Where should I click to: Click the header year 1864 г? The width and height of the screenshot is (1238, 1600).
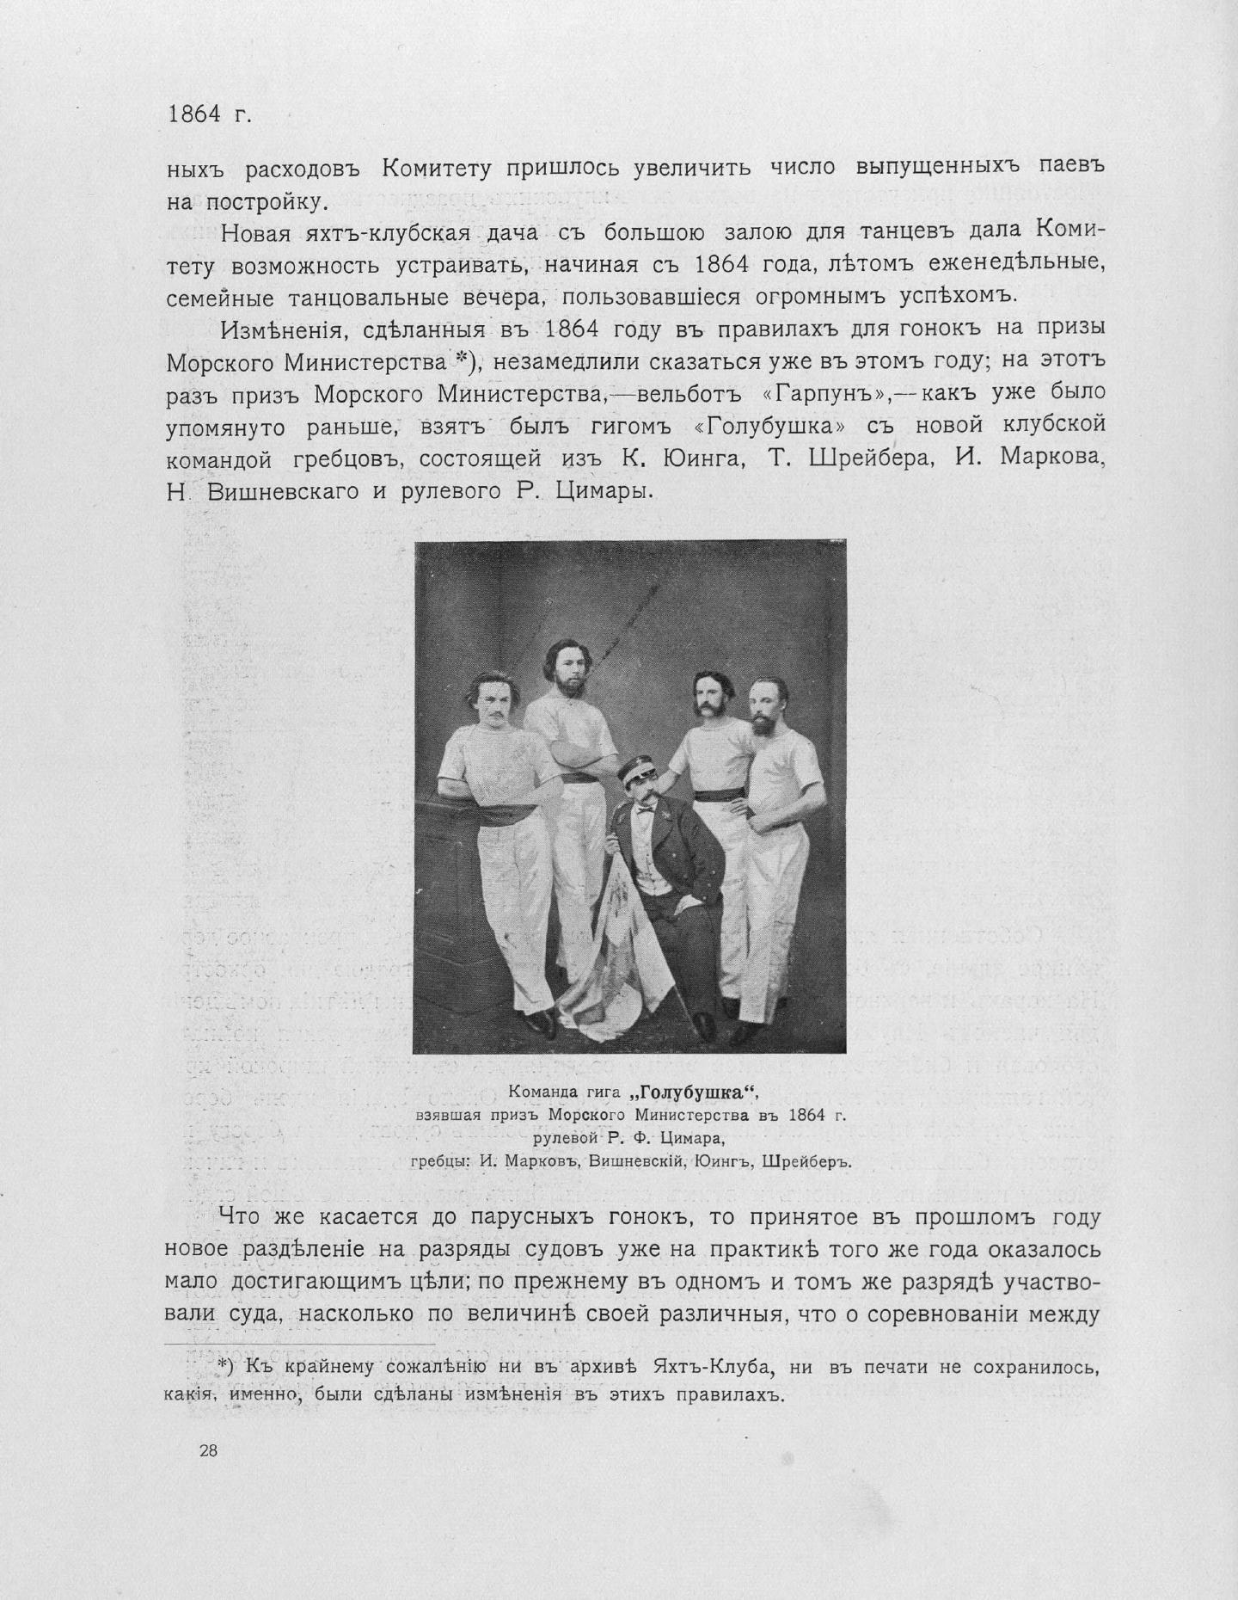tap(209, 115)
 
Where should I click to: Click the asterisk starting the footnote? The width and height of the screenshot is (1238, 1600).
tap(222, 1366)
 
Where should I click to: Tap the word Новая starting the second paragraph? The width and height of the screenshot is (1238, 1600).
tap(256, 233)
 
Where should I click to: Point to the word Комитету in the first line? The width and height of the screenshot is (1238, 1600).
tap(436, 168)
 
